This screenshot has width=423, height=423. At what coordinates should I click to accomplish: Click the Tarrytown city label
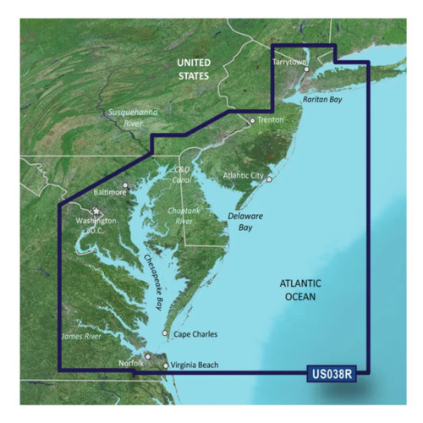pyautogui.click(x=288, y=63)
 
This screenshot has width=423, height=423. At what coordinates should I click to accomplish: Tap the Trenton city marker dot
pyautogui.click(x=252, y=121)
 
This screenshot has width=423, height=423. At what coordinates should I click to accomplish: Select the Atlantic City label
pyautogui.click(x=242, y=176)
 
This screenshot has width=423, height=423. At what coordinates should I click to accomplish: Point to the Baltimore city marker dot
pyautogui.click(x=126, y=185)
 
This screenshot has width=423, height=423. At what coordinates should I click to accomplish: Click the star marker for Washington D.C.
pyautogui.click(x=96, y=211)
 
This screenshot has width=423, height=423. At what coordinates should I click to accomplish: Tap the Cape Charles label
pyautogui.click(x=195, y=334)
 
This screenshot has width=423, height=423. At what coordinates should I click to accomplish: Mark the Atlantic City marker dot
pyautogui.click(x=267, y=179)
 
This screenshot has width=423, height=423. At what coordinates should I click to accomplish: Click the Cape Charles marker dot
pyautogui.click(x=165, y=333)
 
